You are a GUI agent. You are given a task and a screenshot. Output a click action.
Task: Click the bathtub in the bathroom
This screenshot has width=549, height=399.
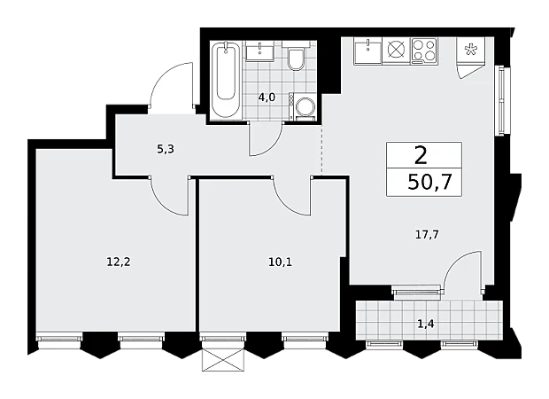tap(226, 81)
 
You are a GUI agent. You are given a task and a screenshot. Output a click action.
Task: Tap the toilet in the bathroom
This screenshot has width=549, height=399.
tap(296, 57)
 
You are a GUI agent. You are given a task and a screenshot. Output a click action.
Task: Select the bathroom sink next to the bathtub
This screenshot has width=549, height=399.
tap(259, 51)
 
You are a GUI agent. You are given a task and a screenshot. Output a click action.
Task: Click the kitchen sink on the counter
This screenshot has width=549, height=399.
tap(367, 51)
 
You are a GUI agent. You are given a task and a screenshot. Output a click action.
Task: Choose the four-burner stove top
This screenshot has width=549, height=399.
tap(424, 51)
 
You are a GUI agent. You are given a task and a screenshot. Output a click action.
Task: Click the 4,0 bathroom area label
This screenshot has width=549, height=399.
tap(267, 98)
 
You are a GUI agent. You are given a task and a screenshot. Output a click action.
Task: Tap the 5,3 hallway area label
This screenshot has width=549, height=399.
tap(166, 150)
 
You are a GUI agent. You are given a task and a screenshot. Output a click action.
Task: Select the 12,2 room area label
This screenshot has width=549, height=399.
tap(119, 262)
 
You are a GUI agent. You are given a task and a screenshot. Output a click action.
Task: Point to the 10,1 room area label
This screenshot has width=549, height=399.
tap(280, 262)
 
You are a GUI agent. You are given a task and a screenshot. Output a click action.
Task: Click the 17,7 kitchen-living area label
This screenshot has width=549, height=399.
tap(427, 234)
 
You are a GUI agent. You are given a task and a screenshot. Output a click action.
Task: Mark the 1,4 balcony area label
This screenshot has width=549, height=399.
tap(426, 324)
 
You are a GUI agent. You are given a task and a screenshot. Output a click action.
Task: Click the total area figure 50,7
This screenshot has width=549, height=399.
tap(430, 182)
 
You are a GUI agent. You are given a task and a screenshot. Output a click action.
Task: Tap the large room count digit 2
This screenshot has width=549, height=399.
tap(421, 156)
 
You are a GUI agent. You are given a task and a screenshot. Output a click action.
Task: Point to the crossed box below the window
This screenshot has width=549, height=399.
tap(222, 360)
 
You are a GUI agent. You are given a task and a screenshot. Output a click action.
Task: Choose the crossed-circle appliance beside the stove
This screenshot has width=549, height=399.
tap(396, 51)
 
